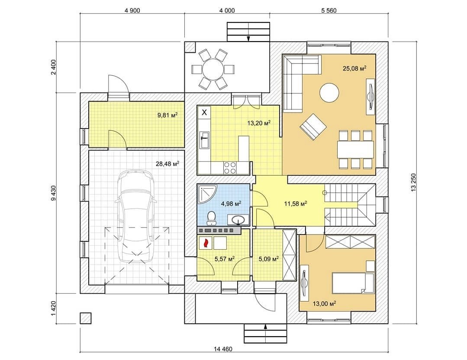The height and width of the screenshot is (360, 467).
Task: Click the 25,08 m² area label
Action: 354,68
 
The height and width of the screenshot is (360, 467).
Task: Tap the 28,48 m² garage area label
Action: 167,164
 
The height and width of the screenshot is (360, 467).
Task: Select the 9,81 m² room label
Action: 167,115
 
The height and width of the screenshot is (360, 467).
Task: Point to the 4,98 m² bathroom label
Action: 231,204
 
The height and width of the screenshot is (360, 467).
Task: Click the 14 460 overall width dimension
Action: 223,349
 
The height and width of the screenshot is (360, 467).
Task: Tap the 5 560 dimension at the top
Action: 329,11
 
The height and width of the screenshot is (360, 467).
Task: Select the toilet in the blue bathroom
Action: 212,218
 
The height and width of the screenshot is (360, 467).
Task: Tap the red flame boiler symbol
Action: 205,243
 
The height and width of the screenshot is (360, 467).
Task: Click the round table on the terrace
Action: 213,70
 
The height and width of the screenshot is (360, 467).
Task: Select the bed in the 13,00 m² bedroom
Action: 353,283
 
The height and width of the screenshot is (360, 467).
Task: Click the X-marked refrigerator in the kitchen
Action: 204,112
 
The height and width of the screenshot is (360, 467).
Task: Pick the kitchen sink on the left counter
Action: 205,140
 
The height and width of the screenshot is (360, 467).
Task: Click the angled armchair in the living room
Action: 313,126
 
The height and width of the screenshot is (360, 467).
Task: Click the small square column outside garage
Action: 85,318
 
